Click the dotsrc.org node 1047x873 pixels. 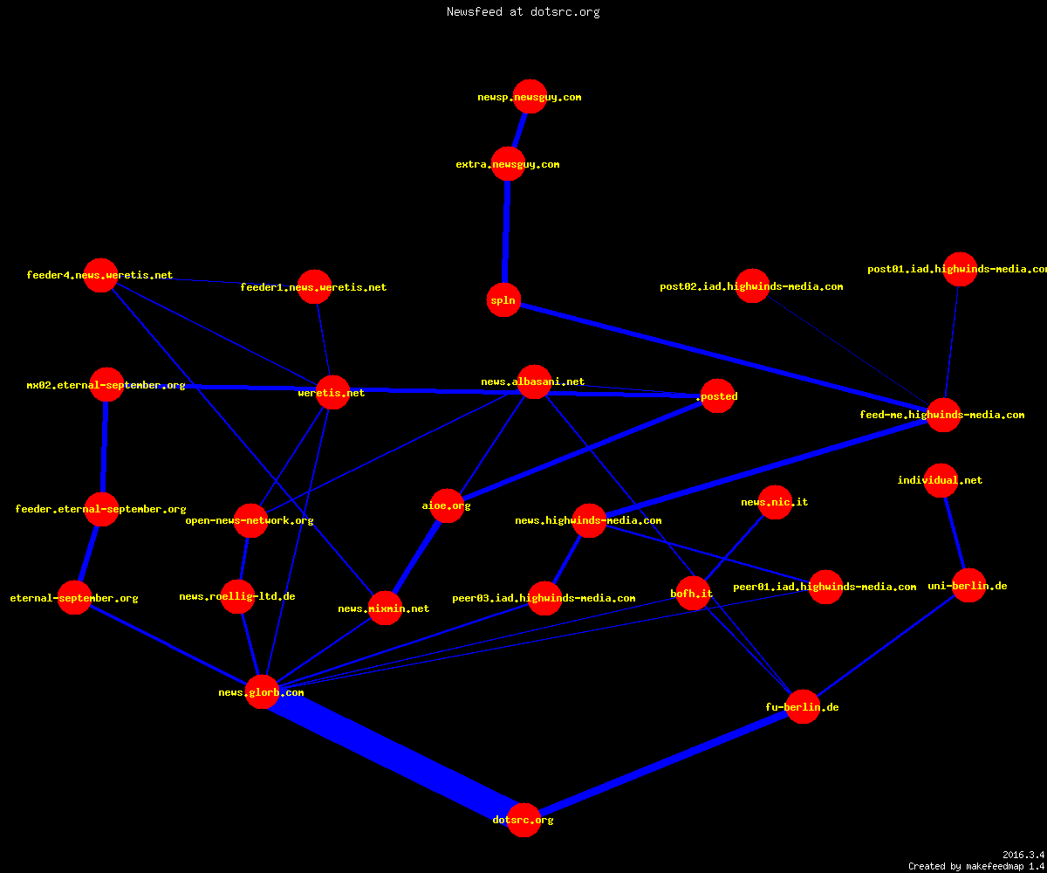[523, 820]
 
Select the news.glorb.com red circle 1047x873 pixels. [262, 692]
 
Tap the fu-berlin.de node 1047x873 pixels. [803, 706]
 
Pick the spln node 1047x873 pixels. [503, 300]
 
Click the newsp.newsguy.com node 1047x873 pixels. [530, 96]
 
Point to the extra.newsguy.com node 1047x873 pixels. [508, 163]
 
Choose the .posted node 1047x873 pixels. [717, 395]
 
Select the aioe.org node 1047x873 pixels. [446, 505]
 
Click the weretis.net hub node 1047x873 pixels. [332, 392]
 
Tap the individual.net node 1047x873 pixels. [941, 480]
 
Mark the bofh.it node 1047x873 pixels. [693, 593]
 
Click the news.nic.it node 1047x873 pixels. [775, 502]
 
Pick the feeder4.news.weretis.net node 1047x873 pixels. [100, 275]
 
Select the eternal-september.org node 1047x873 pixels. [74, 597]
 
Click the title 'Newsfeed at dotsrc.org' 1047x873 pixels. [523, 12]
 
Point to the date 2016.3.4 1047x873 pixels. [1023, 855]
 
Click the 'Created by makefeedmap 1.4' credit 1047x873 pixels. [976, 866]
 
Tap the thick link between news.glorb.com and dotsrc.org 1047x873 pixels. [393, 756]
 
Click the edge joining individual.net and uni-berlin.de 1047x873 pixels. [955, 533]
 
